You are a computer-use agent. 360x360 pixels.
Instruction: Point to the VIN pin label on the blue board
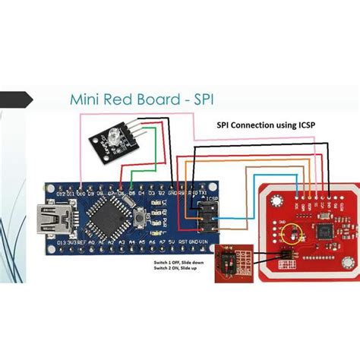pos(204,242)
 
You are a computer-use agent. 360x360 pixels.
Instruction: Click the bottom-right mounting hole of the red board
pos(347,274)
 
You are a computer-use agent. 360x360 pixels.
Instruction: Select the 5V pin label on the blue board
pos(172,242)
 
